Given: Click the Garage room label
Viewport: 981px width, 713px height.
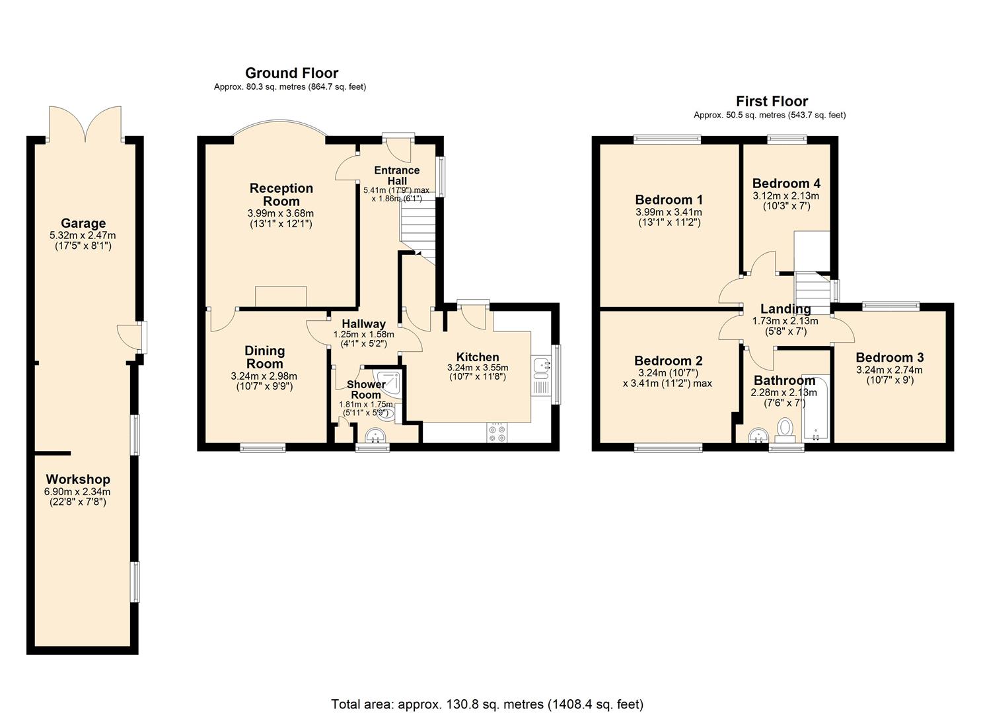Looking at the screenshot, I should (x=83, y=223).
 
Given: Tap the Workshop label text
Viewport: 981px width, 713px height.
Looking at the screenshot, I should (x=78, y=479).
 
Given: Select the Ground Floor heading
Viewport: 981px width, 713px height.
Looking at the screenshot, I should (x=291, y=73).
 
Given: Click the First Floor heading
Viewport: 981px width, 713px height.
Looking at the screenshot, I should (x=772, y=101).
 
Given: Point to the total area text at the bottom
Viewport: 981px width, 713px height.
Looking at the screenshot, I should (x=487, y=704).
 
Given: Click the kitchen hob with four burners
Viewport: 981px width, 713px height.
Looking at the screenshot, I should (x=497, y=433).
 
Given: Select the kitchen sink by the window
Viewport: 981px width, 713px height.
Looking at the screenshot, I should (x=541, y=365).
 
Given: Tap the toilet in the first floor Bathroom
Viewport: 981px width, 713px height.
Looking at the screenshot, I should (x=785, y=426).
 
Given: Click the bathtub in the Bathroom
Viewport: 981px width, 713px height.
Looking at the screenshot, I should (x=815, y=409).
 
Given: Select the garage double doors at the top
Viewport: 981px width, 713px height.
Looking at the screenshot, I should (x=85, y=124).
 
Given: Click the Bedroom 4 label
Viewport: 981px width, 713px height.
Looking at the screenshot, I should (x=786, y=184).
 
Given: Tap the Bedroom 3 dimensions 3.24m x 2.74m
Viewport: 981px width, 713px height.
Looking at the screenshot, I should (x=889, y=370).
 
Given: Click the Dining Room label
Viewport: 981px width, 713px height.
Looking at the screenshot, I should (x=264, y=357).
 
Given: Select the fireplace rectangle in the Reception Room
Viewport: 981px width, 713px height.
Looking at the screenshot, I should (x=281, y=296).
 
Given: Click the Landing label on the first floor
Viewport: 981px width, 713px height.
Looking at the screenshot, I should (x=785, y=309).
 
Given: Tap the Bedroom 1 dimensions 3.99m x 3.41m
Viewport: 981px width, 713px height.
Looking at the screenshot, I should (x=669, y=212).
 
